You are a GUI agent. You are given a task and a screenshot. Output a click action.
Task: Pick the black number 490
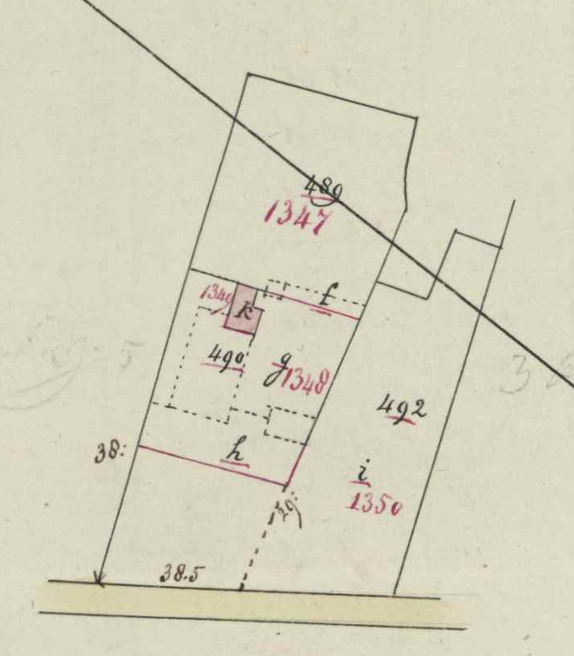pos(225,356)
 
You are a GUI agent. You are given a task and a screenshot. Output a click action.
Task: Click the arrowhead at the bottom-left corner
pos(99,580)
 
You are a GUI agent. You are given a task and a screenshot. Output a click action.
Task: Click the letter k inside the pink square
pos(243,308)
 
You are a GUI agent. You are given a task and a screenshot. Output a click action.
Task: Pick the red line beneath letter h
pos(211,465)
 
